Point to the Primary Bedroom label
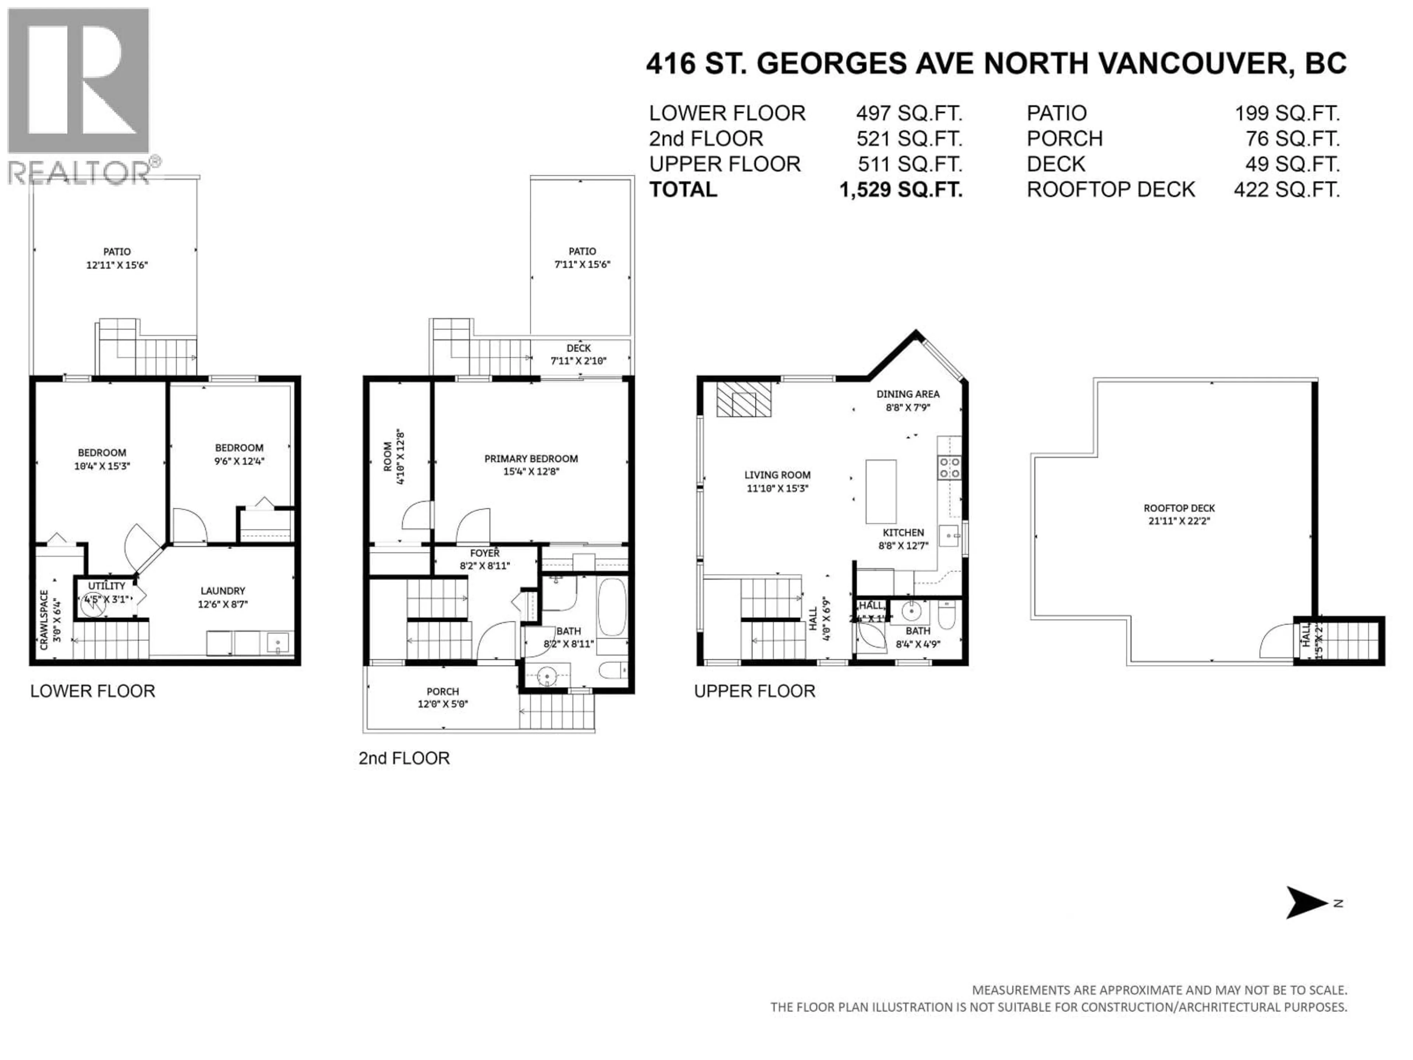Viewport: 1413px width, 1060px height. [x=531, y=459]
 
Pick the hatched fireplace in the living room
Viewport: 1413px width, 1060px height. [x=744, y=400]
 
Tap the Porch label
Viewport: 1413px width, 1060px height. [x=443, y=691]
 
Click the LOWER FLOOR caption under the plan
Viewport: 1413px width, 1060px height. [x=93, y=691]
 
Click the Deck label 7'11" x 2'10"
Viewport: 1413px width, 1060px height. [x=579, y=354]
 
